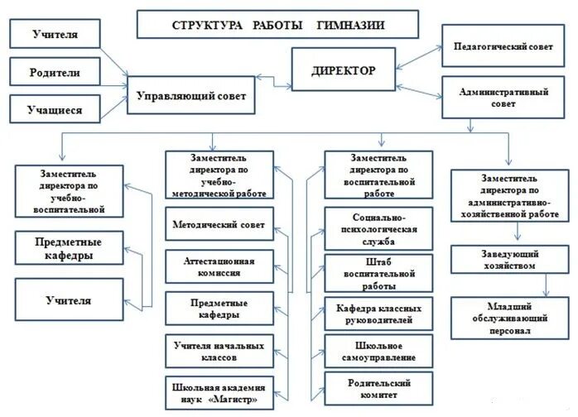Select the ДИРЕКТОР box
click(343, 70)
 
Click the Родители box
click(56, 72)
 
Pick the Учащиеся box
click(56, 108)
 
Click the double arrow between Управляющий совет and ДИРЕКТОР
click(273, 79)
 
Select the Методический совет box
click(219, 224)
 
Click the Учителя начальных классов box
click(219, 351)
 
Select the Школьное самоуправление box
click(378, 352)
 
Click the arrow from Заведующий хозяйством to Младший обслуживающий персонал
click(544, 285)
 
